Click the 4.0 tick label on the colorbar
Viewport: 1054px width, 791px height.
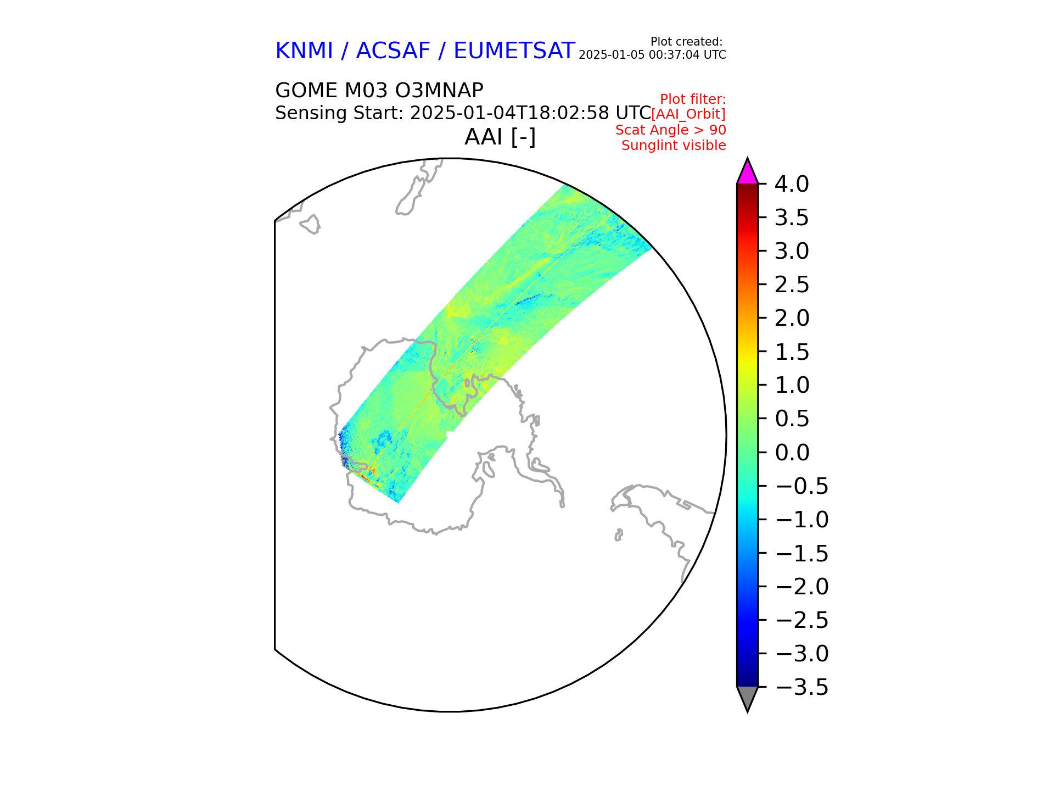pos(791,185)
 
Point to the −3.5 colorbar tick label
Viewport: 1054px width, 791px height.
pos(801,687)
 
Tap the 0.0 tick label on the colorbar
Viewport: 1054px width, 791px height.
pos(791,453)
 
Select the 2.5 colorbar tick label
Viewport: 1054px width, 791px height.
pos(791,285)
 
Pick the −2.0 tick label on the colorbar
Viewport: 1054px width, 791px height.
pos(801,587)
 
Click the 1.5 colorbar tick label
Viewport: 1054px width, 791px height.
pos(791,352)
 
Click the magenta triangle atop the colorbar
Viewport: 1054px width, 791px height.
pos(747,172)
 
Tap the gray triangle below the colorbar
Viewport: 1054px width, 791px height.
pos(747,698)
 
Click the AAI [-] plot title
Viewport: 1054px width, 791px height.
pos(500,137)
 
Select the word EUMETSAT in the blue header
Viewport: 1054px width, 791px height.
pos(514,51)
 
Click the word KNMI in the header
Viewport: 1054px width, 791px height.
pos(304,51)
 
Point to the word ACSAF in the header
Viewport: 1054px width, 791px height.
pos(393,51)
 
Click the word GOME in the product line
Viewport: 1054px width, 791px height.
pos(306,90)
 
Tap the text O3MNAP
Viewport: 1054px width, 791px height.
pos(439,90)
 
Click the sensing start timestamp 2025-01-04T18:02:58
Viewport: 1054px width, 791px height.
pos(509,113)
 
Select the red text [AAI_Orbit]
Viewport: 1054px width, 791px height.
pos(688,114)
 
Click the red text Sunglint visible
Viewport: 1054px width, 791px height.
pos(674,146)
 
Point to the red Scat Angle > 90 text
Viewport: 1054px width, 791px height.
pos(670,130)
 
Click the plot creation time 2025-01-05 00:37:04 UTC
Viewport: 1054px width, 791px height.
pos(652,55)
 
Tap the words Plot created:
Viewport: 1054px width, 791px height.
pos(686,42)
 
